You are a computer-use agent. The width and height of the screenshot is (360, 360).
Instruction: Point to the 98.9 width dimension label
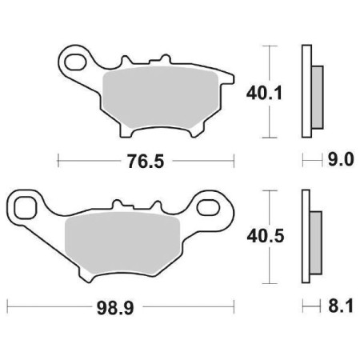120,306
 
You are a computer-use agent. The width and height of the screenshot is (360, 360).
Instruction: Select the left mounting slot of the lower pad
26,208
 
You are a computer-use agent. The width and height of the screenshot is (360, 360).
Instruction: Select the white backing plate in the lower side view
305,235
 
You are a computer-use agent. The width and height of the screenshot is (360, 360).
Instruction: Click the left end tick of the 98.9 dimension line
7,306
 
